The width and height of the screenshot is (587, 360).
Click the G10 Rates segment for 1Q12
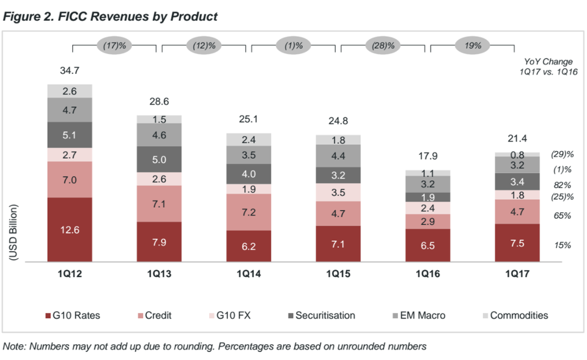tap(70, 229)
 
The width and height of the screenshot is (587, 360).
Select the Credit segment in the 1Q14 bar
tap(249, 212)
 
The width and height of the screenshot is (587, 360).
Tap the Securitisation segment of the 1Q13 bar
tap(159, 160)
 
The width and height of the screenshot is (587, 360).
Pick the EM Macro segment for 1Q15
tap(338, 155)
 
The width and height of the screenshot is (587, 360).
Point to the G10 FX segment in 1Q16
tap(427, 208)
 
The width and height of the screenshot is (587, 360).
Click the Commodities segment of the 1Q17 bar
tap(517, 154)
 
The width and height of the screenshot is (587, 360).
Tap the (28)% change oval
tap(383, 45)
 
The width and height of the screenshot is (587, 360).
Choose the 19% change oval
tap(472, 45)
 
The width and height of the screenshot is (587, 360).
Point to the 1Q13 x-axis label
tap(159, 275)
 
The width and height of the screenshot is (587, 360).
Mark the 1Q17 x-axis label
tap(517, 275)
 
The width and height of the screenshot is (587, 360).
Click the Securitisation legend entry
tap(323, 315)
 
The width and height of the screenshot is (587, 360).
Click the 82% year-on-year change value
tap(563, 185)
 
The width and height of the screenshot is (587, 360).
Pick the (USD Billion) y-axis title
tap(13, 234)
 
